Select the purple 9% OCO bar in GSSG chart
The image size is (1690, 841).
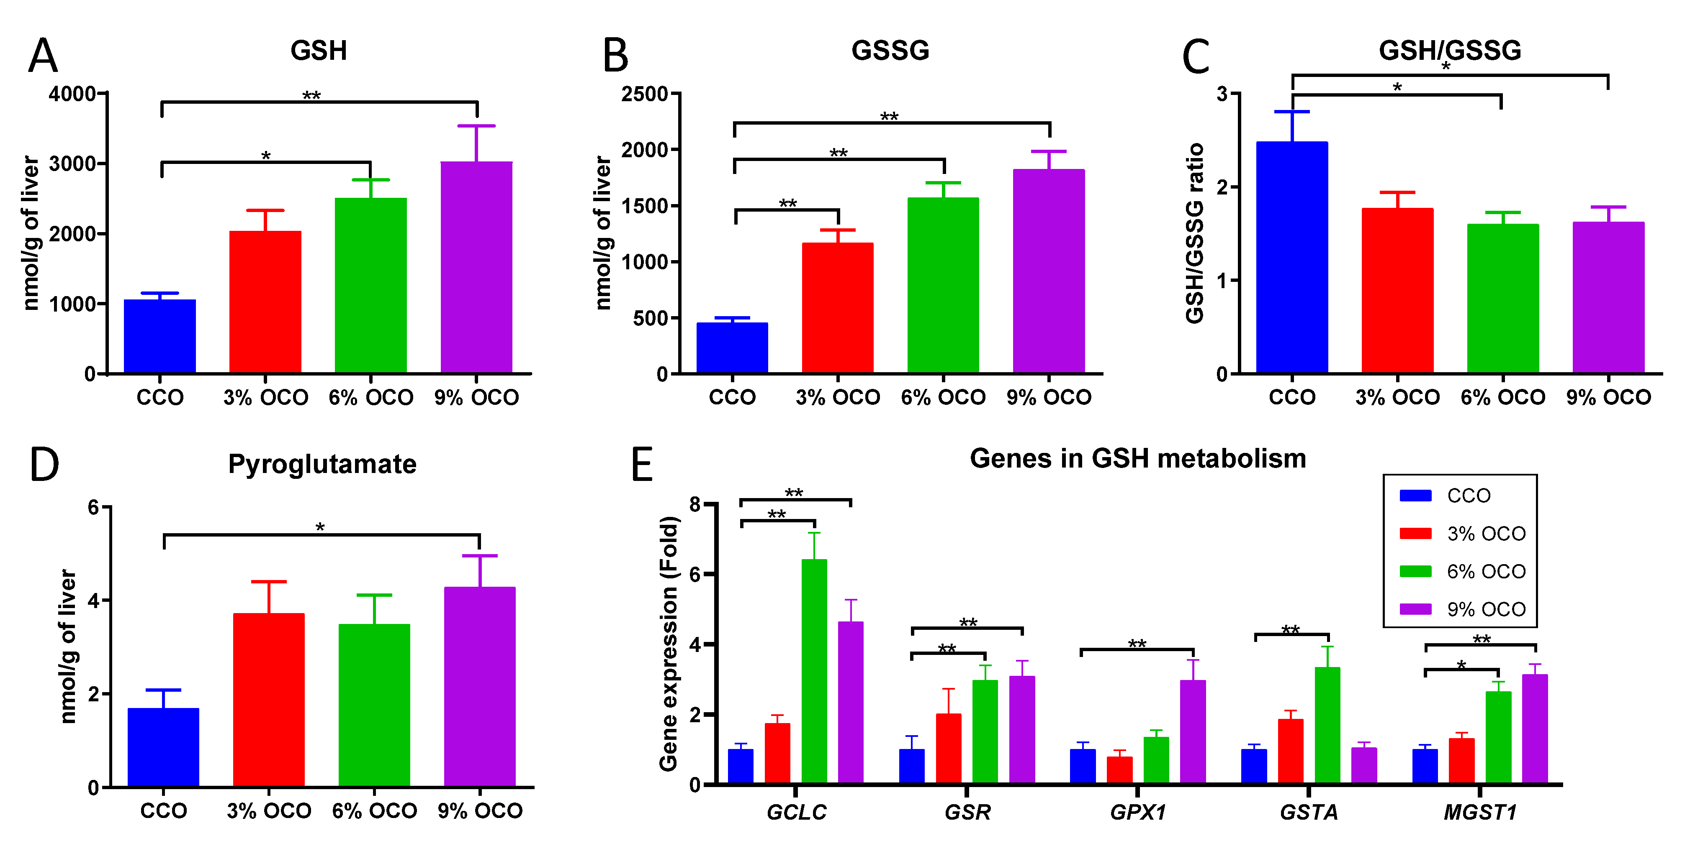1048,272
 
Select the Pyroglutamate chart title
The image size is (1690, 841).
322,464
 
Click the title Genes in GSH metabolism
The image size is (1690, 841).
1137,458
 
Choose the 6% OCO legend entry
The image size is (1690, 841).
1486,572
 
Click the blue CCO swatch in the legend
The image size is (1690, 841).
1415,496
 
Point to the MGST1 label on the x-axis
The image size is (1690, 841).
1480,813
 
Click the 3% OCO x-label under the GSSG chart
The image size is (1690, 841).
838,397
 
